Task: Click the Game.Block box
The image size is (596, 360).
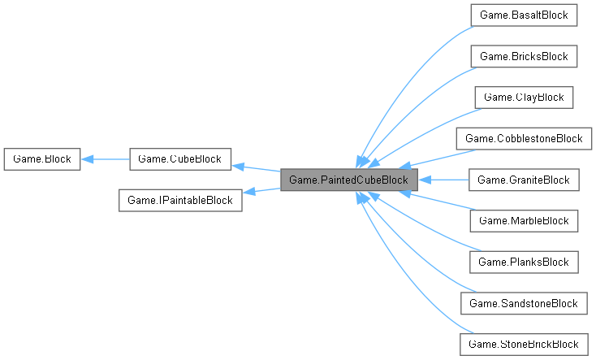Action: (x=41, y=158)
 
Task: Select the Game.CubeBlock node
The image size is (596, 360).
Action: (x=180, y=158)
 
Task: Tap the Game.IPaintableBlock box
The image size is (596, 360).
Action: (x=180, y=200)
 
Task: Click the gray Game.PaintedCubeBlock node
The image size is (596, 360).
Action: (x=349, y=180)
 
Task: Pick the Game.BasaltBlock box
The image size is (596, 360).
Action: (x=524, y=15)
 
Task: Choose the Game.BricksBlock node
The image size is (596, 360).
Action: (x=524, y=56)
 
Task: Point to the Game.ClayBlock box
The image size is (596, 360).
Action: (x=524, y=98)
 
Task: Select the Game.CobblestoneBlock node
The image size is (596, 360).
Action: (x=524, y=138)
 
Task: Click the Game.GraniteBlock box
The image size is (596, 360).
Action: (x=524, y=180)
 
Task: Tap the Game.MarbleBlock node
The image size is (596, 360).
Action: (x=524, y=220)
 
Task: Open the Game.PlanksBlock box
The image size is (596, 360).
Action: (x=524, y=262)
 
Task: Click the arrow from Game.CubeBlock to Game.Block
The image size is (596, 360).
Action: (x=106, y=158)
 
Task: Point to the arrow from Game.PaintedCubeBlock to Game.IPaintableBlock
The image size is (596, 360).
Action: (x=261, y=192)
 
